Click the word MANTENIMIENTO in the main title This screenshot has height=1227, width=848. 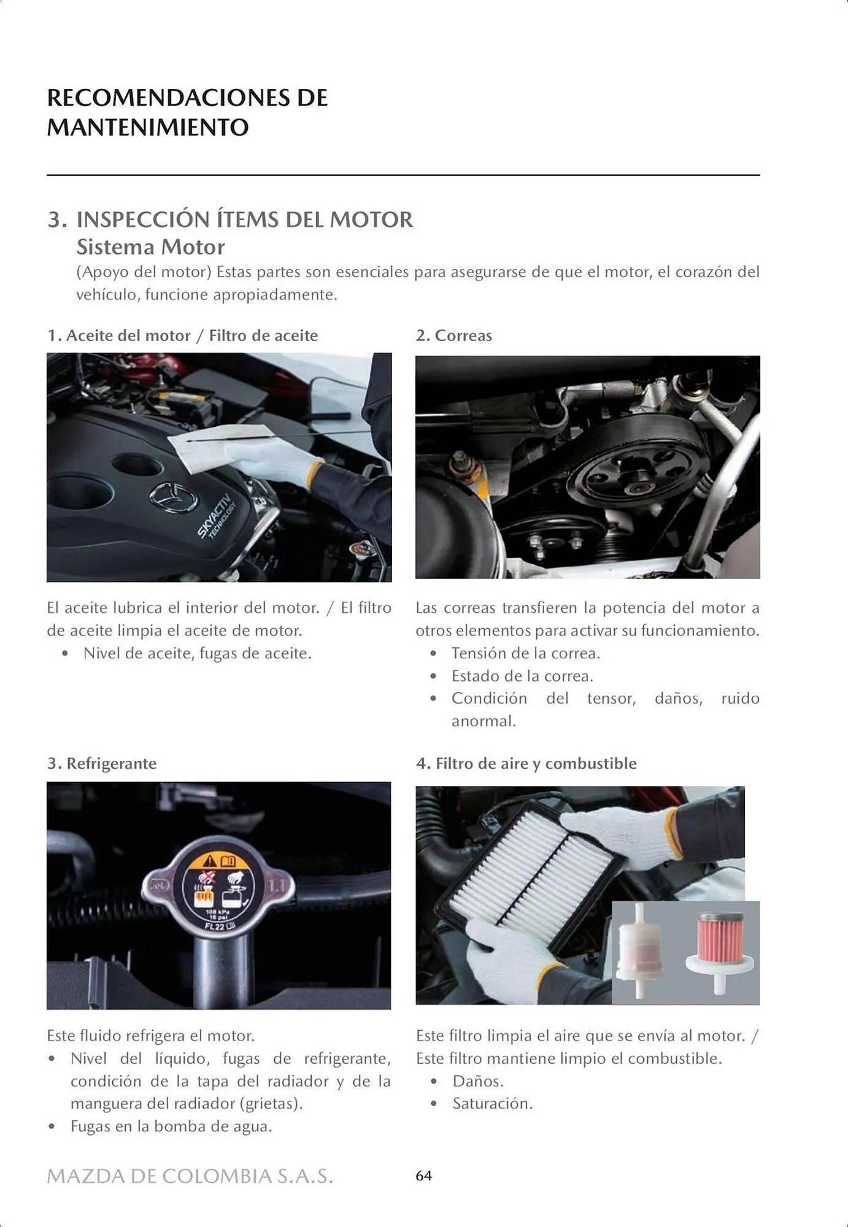(x=148, y=128)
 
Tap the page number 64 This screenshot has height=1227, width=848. (x=423, y=1175)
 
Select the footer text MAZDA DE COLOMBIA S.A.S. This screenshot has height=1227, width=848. (x=190, y=1176)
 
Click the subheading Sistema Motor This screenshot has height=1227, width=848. (x=150, y=247)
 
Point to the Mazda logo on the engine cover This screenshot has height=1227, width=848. (x=173, y=497)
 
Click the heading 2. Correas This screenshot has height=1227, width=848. (x=454, y=336)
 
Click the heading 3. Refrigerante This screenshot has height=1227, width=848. (x=102, y=763)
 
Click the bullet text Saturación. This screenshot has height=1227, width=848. (x=492, y=1104)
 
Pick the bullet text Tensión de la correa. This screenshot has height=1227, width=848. (x=525, y=653)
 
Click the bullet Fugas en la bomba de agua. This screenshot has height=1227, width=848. (x=171, y=1126)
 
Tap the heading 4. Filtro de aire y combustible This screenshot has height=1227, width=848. (x=526, y=763)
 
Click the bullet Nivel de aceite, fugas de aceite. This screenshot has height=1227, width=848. (x=197, y=653)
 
